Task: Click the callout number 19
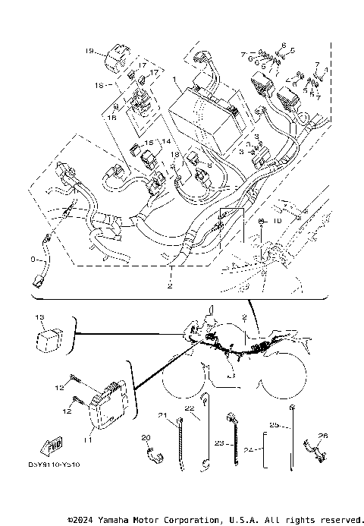pyautogui.click(x=89, y=52)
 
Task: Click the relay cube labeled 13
pyautogui.click(x=51, y=335)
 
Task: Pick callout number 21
pyautogui.click(x=162, y=414)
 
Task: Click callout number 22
pyautogui.click(x=190, y=408)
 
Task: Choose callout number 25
pyautogui.click(x=274, y=424)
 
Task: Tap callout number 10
pyautogui.click(x=277, y=220)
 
